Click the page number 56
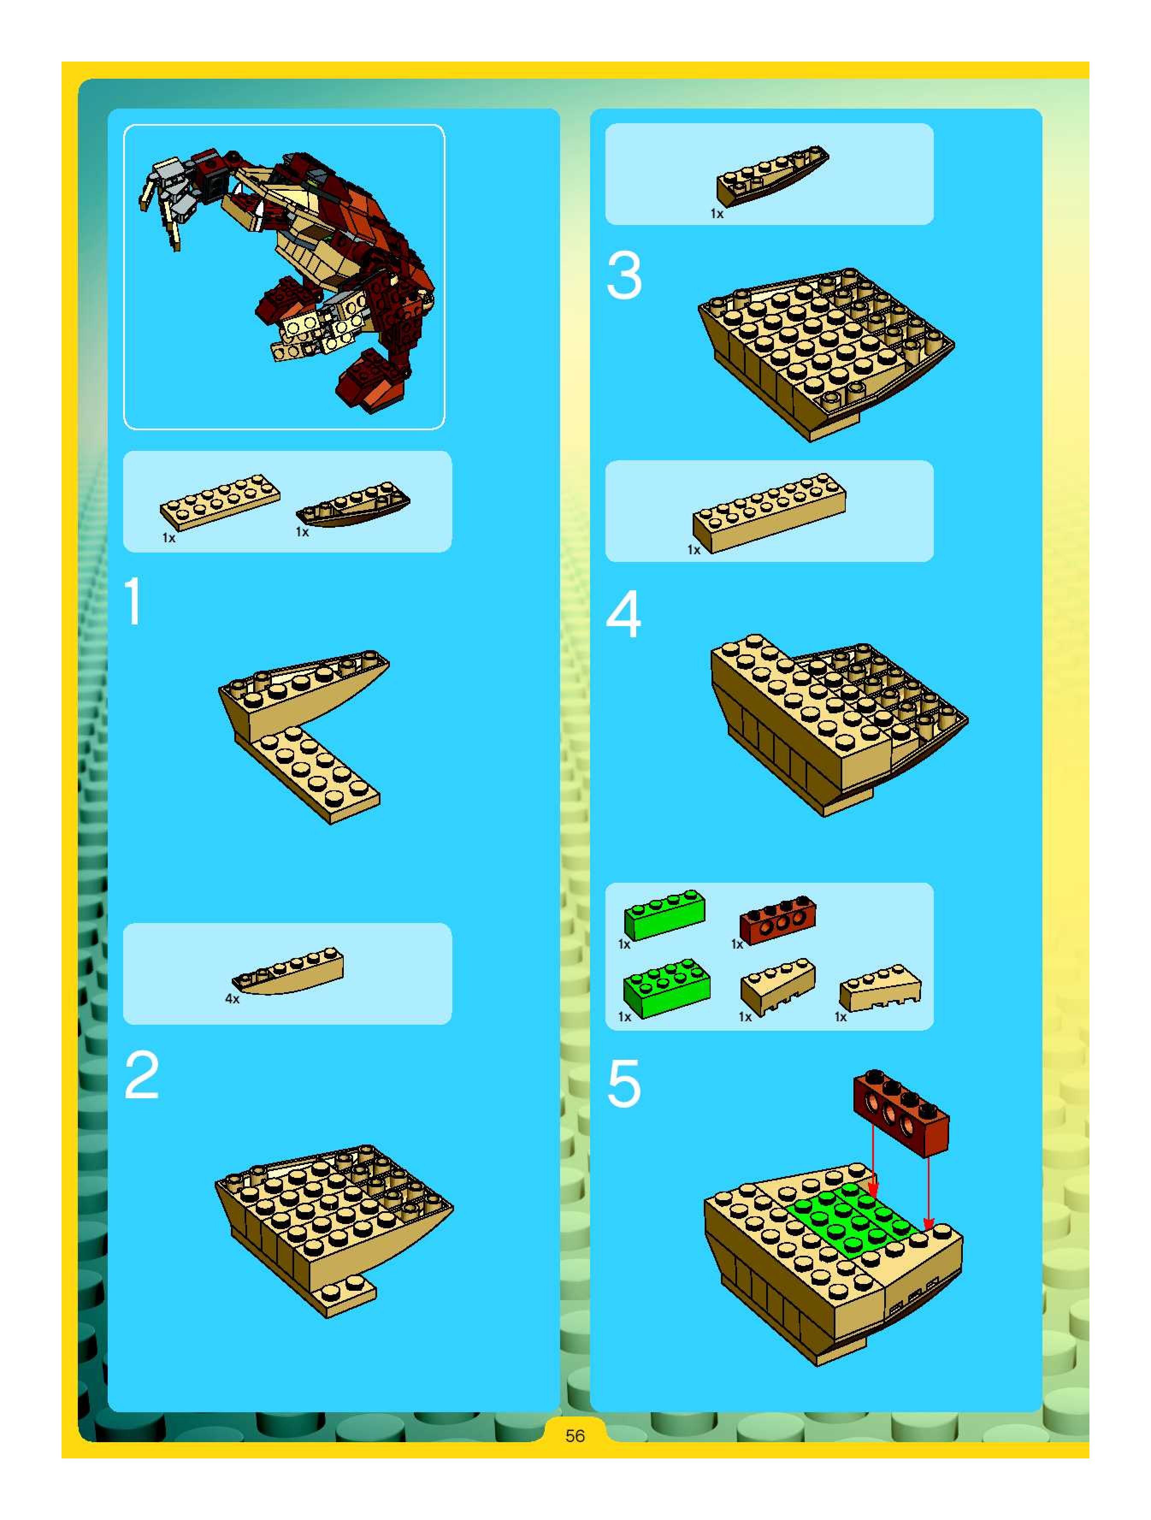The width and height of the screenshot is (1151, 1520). (575, 1435)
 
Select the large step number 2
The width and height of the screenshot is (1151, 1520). (142, 1075)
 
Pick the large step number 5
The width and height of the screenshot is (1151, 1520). (624, 1084)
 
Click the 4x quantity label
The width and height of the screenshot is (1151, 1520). (232, 999)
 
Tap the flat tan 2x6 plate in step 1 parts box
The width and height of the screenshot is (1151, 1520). (220, 500)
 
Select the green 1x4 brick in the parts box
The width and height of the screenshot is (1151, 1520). (664, 915)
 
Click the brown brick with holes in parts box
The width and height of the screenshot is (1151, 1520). (778, 920)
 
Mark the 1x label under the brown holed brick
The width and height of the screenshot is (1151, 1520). (737, 944)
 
